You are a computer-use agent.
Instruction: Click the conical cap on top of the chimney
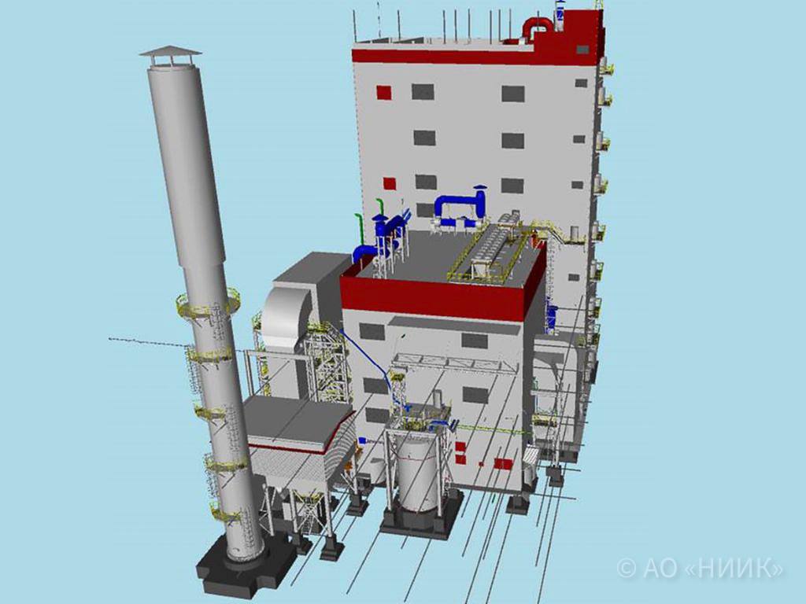pos(170,51)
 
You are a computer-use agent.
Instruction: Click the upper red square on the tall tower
pos(383,93)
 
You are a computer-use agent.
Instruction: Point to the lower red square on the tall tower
pos(389,184)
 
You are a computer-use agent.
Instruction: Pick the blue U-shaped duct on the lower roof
pos(460,208)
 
